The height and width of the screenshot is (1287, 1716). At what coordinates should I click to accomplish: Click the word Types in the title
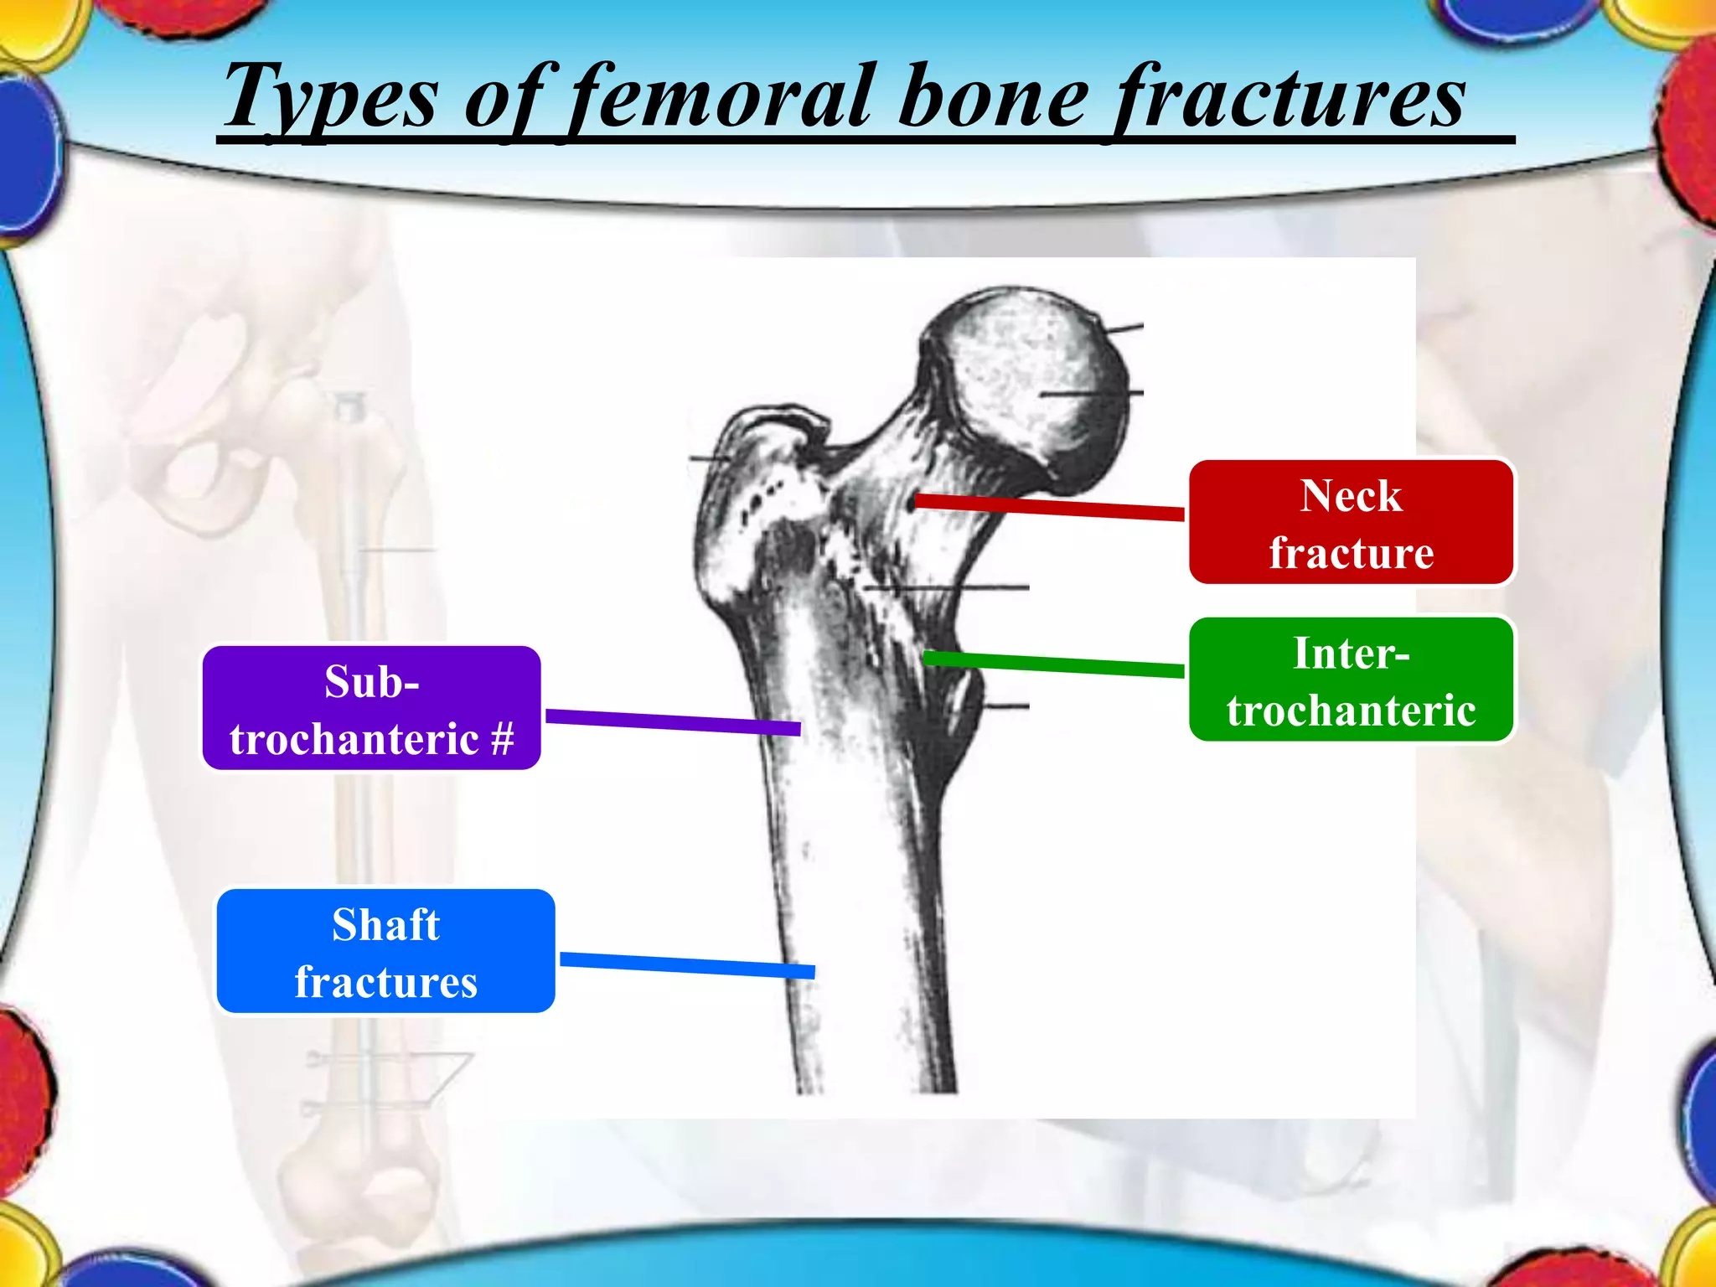point(330,99)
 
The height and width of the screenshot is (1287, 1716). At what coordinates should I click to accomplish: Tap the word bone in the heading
point(994,99)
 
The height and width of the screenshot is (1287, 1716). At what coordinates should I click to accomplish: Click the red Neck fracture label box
point(1351,522)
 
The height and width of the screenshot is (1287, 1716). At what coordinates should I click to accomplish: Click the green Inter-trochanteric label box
point(1351,680)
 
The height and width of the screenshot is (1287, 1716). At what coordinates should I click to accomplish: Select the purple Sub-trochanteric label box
point(371,708)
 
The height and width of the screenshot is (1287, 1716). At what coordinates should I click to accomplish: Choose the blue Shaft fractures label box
point(385,951)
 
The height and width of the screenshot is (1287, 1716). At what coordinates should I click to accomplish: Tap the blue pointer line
point(687,964)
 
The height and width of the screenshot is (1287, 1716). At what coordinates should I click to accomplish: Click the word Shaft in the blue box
point(385,925)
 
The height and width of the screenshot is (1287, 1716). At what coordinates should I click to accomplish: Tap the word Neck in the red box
point(1351,495)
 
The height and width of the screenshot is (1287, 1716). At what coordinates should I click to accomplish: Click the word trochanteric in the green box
point(1351,711)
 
